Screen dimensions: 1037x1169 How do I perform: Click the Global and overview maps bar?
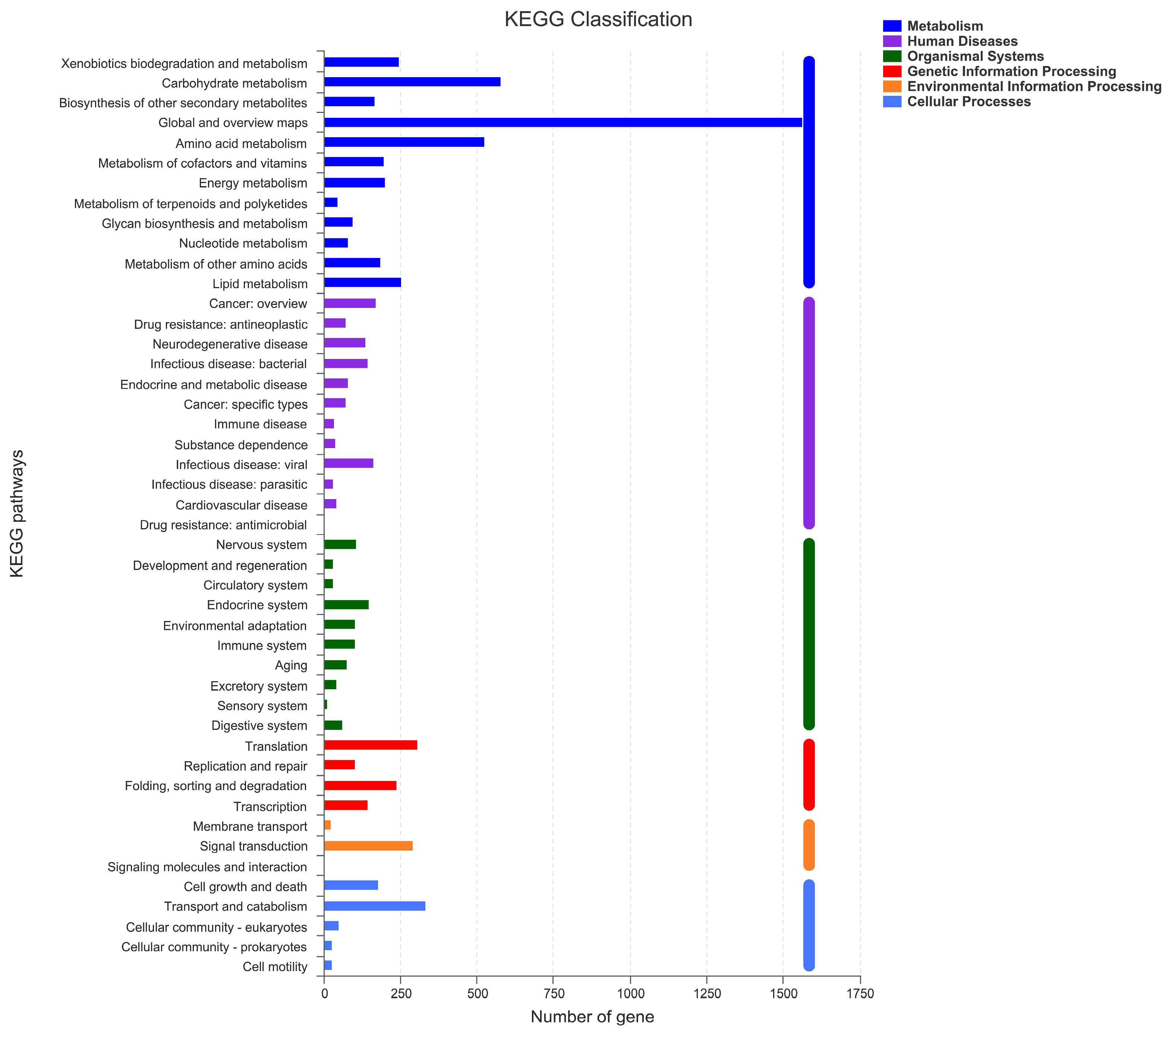point(563,122)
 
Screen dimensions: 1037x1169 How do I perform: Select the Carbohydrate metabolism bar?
point(412,82)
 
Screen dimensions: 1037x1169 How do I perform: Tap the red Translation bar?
point(370,745)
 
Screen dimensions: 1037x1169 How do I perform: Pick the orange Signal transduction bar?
point(368,845)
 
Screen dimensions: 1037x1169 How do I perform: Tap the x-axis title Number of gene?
point(592,1016)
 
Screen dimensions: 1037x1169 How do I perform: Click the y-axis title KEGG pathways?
point(17,513)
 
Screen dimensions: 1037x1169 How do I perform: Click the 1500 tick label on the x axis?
point(783,995)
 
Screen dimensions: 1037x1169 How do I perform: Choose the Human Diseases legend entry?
point(962,41)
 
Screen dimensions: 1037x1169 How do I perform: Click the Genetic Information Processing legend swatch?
point(892,72)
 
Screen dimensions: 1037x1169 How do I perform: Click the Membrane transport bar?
point(327,825)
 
